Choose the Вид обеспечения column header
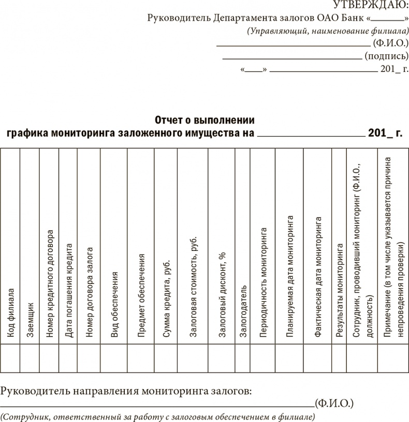pyautogui.click(x=114, y=305)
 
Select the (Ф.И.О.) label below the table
pyautogui.click(x=334, y=402)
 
